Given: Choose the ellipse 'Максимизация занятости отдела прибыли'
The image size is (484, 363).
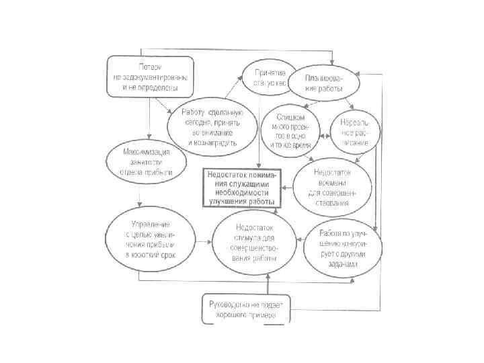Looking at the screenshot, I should tap(145, 162).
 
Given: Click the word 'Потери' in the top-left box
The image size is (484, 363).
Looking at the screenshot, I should tap(150, 67).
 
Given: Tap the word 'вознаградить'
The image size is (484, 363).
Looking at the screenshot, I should tap(210, 143).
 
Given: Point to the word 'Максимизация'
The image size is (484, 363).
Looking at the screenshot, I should tap(145, 152).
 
